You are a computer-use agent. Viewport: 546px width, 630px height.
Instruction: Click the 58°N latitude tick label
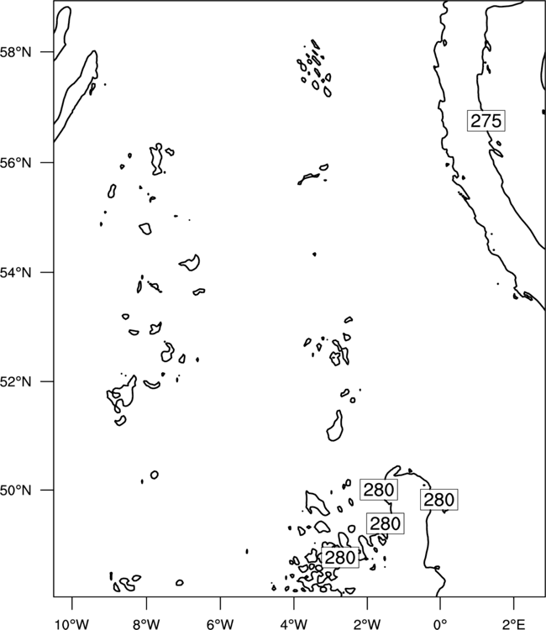click(16, 52)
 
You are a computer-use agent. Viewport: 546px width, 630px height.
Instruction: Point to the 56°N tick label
click(16, 163)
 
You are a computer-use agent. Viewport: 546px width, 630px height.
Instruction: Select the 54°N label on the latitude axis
click(16, 273)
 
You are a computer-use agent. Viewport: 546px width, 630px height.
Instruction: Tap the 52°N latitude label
click(16, 381)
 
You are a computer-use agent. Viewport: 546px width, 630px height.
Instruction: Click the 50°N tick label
click(16, 491)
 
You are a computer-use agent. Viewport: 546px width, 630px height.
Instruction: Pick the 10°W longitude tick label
click(72, 624)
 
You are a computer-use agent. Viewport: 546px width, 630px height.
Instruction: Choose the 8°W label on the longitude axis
click(146, 624)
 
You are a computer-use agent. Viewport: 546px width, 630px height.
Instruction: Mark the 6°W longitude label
click(220, 624)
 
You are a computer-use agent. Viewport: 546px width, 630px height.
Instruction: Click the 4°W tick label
click(294, 624)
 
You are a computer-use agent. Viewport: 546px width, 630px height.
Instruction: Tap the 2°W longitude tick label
click(367, 624)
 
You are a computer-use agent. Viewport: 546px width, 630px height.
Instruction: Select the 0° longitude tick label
click(440, 624)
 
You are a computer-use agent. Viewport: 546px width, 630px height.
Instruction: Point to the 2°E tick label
click(514, 624)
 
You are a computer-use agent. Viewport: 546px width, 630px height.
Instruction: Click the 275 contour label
click(486, 120)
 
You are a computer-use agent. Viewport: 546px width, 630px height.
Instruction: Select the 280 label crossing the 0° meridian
click(439, 500)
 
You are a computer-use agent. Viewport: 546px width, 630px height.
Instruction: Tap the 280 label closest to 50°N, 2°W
click(379, 490)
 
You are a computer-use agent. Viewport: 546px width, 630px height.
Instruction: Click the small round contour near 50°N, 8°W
click(155, 475)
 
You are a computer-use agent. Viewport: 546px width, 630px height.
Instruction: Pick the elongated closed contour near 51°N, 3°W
click(334, 426)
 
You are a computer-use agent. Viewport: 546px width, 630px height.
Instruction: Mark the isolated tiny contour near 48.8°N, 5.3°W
click(247, 551)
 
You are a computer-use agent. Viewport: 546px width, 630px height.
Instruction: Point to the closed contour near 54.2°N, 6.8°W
click(190, 263)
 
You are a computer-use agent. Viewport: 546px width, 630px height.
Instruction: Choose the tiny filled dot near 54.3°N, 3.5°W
click(314, 254)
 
